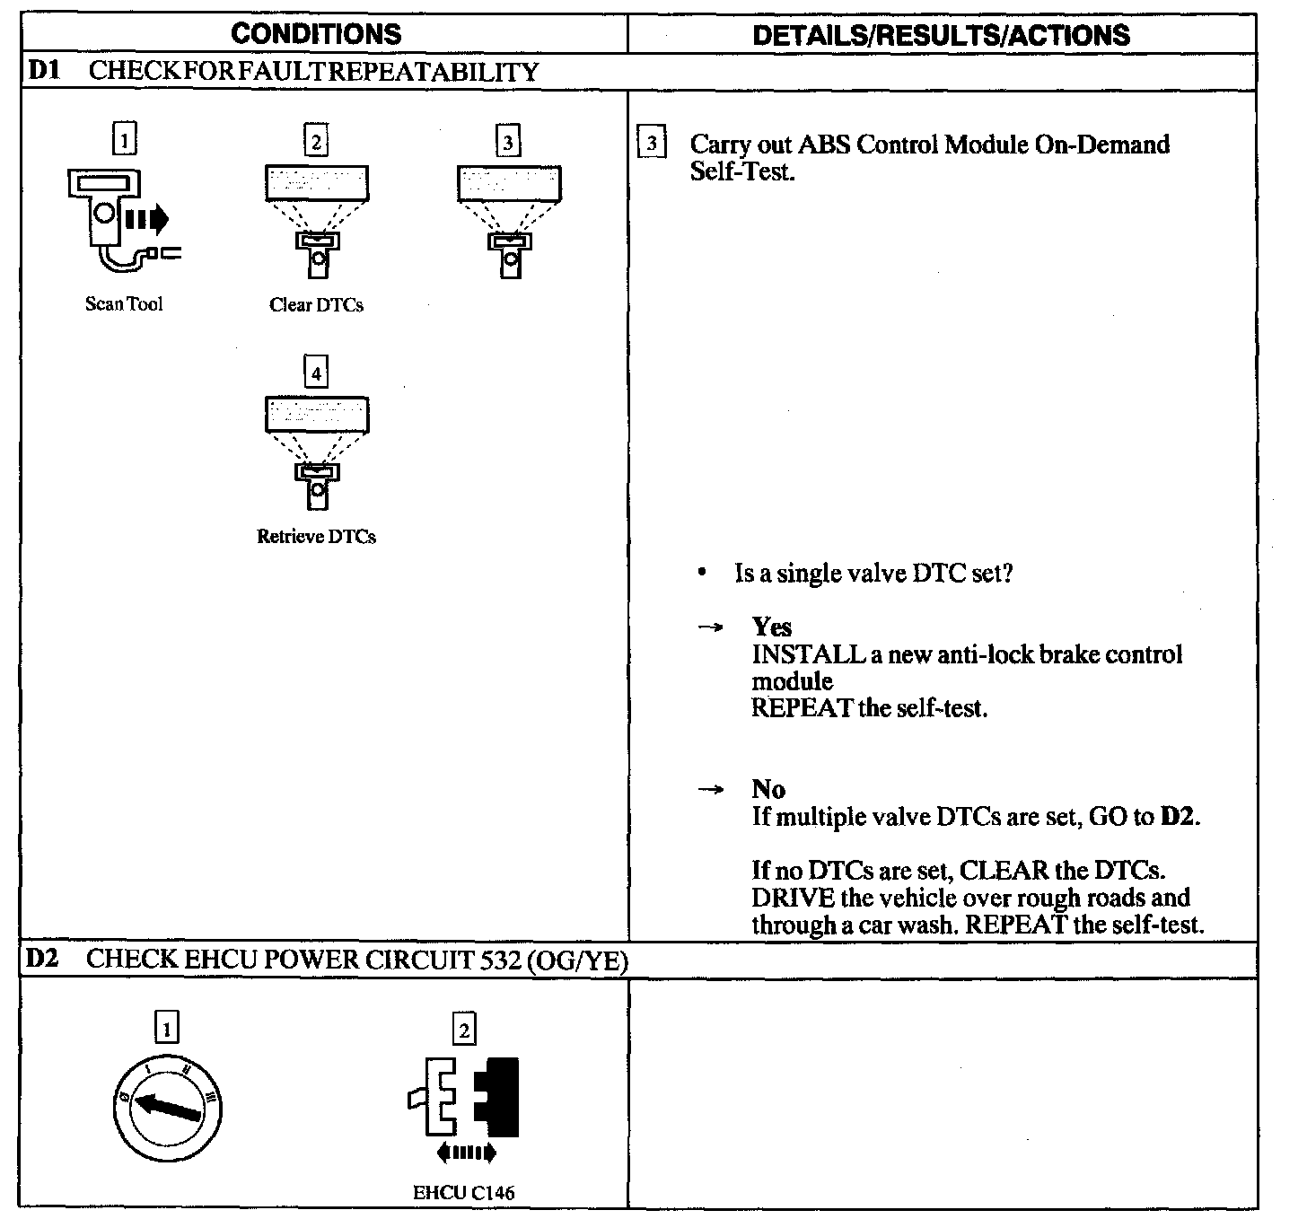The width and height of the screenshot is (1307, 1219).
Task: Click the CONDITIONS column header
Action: [x=316, y=34]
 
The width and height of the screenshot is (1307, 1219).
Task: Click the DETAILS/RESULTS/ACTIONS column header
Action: [x=941, y=35]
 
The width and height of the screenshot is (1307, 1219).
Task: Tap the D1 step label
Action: [x=44, y=71]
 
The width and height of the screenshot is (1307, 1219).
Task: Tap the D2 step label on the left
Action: [x=42, y=959]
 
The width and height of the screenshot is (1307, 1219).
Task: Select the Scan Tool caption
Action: [x=124, y=304]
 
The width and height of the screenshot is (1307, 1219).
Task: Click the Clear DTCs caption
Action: [x=316, y=305]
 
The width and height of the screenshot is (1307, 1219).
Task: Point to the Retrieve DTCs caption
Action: [x=316, y=537]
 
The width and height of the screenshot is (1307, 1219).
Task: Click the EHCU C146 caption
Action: [x=463, y=1193]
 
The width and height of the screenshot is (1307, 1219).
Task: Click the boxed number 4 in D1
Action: [x=316, y=373]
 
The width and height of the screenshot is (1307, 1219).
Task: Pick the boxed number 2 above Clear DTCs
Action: [x=316, y=142]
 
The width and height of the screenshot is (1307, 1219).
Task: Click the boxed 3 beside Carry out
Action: [x=652, y=144]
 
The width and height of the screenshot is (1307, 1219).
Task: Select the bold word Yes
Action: [x=771, y=627]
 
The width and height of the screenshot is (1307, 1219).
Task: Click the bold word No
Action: [x=768, y=790]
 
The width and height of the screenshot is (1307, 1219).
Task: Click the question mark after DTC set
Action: [x=1007, y=574]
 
